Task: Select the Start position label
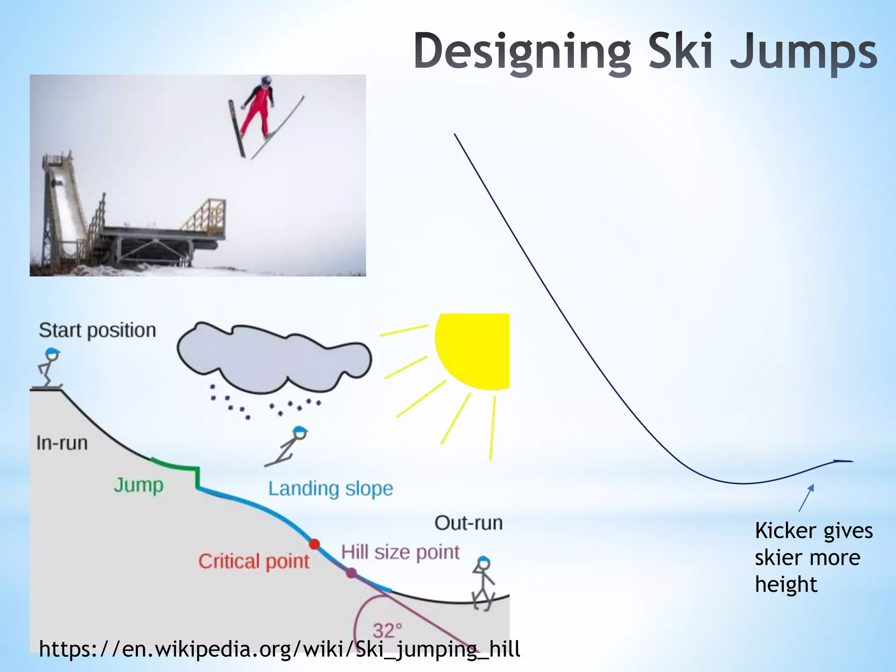tap(97, 331)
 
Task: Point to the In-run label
tap(62, 443)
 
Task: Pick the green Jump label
tap(138, 485)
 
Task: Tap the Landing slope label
tap(330, 489)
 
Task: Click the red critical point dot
tap(314, 544)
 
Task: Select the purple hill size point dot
tap(351, 573)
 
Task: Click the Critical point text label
tap(254, 561)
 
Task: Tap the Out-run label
tap(468, 523)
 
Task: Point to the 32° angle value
tap(387, 630)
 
